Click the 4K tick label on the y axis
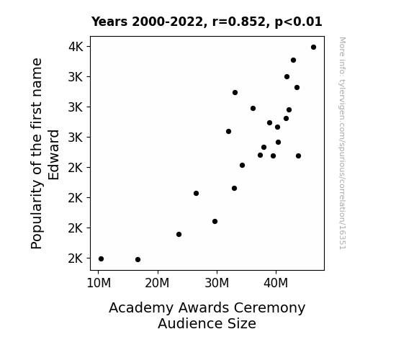pyautogui.click(x=76, y=47)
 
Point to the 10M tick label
pyautogui.click(x=99, y=283)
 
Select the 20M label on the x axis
pyautogui.click(x=158, y=283)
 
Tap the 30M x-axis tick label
pyautogui.click(x=217, y=283)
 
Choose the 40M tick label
pyautogui.click(x=276, y=283)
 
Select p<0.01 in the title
pyautogui.click(x=298, y=22)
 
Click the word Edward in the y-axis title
pyautogui.click(x=53, y=155)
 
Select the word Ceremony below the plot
pyautogui.click(x=269, y=308)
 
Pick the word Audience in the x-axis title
pyautogui.click(x=188, y=323)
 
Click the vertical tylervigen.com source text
pyautogui.click(x=342, y=143)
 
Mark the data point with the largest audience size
pyautogui.click(x=313, y=48)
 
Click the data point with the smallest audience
pyautogui.click(x=101, y=259)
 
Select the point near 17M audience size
pyautogui.click(x=138, y=260)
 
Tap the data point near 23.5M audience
pyautogui.click(x=179, y=234)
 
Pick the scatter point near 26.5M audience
pyautogui.click(x=196, y=194)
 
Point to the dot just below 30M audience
pyautogui.click(x=215, y=221)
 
